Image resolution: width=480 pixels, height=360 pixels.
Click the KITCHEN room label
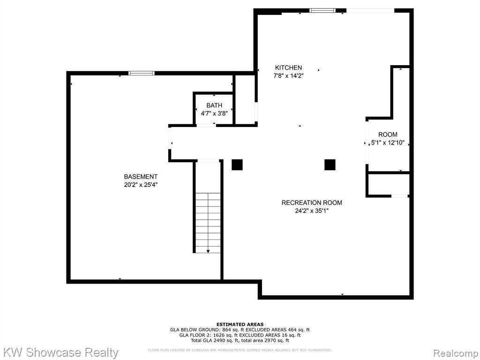(x=288, y=67)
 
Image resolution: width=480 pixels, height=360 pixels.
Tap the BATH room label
(x=214, y=105)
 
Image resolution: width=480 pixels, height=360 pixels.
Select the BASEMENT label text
(x=141, y=177)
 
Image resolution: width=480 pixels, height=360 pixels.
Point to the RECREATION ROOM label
(x=312, y=202)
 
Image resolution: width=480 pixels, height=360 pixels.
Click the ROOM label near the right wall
(x=388, y=135)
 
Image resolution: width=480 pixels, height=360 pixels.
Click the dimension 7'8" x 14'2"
(x=288, y=75)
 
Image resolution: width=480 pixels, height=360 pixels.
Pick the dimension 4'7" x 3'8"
(x=214, y=113)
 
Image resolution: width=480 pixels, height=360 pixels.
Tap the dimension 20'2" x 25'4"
(x=141, y=185)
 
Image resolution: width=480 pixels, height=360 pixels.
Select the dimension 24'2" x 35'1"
(x=312, y=210)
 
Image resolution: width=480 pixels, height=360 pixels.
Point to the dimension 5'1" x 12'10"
(x=388, y=142)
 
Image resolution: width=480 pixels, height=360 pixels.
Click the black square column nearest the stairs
(x=237, y=165)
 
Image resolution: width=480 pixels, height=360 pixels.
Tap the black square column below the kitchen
(x=330, y=165)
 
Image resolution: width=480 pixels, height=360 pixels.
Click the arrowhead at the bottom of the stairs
(x=208, y=251)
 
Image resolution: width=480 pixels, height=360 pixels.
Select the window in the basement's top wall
(x=141, y=73)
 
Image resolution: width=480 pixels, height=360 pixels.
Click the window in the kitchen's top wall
(x=322, y=11)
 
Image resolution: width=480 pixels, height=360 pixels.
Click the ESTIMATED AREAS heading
(x=240, y=324)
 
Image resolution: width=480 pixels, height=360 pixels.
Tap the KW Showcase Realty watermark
(x=60, y=352)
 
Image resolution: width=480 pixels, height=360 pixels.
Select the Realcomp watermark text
(x=456, y=353)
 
